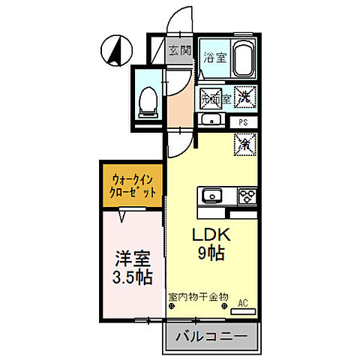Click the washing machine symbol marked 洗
245,95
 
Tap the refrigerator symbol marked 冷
245,142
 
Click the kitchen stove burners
247,196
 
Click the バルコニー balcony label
211,338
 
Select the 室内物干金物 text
198,297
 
